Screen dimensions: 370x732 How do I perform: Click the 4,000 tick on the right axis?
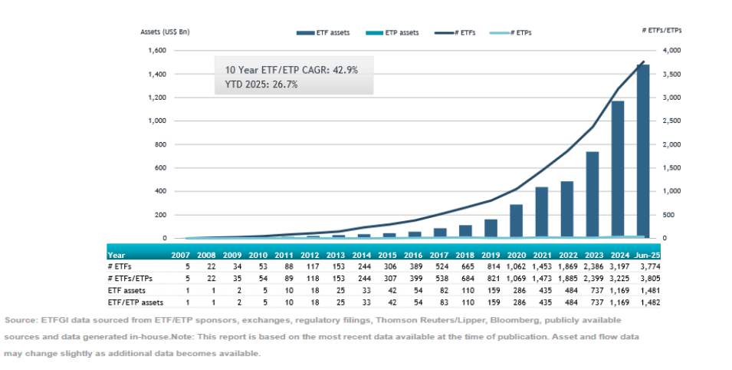pyautogui.click(x=671, y=51)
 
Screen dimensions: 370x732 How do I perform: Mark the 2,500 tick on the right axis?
pyautogui.click(x=671, y=121)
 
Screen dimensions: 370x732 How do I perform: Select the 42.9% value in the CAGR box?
pyautogui.click(x=341, y=69)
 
